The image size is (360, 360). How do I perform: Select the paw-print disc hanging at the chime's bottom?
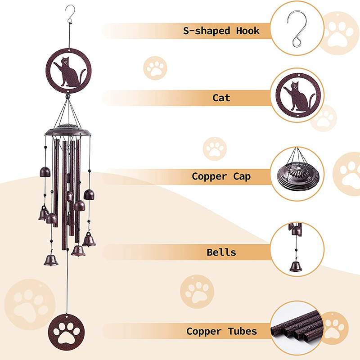[66, 332]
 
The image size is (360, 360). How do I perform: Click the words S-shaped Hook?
[221, 31]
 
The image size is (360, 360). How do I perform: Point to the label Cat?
[221, 98]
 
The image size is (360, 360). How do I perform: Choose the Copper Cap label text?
[221, 176]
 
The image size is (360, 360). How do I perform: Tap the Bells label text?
[221, 252]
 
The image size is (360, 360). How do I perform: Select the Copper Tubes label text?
[221, 331]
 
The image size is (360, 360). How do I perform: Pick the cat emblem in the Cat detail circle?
[298, 95]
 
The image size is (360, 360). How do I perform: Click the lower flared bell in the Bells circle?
[296, 266]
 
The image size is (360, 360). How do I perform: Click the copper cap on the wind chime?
[68, 130]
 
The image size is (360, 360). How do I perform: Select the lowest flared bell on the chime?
[51, 261]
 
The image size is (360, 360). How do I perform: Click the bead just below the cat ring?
[68, 96]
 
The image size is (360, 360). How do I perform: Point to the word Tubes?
[243, 331]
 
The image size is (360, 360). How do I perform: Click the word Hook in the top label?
[248, 31]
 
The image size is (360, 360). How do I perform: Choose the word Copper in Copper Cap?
[209, 177]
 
